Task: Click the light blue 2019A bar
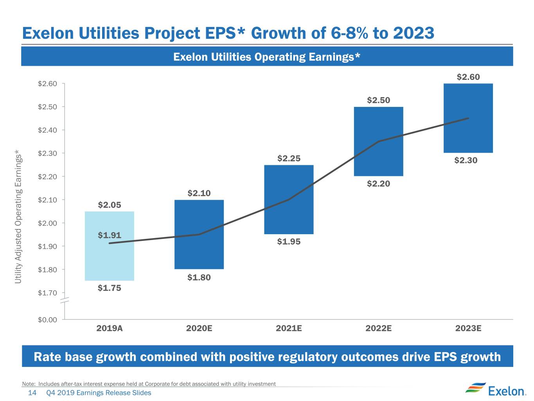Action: (x=109, y=246)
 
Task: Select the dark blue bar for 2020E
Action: (x=199, y=235)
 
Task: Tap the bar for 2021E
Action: (x=289, y=200)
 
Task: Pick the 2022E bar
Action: (x=379, y=141)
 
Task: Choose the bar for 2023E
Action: (x=468, y=118)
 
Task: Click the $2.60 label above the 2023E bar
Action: (x=468, y=77)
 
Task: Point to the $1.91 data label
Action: (x=109, y=235)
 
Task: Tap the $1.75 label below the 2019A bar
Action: (x=109, y=288)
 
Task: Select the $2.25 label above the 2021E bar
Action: (x=289, y=159)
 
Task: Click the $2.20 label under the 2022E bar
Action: (x=378, y=184)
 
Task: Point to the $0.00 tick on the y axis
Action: (x=47, y=320)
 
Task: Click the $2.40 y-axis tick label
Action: (x=47, y=130)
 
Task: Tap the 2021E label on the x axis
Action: (x=289, y=329)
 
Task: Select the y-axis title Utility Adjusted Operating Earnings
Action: (x=18, y=217)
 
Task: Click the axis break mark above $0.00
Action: (x=65, y=300)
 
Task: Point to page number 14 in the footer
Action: (x=32, y=393)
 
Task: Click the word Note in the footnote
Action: (x=29, y=384)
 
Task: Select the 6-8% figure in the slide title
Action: (x=349, y=33)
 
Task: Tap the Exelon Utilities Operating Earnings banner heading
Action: (x=267, y=57)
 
